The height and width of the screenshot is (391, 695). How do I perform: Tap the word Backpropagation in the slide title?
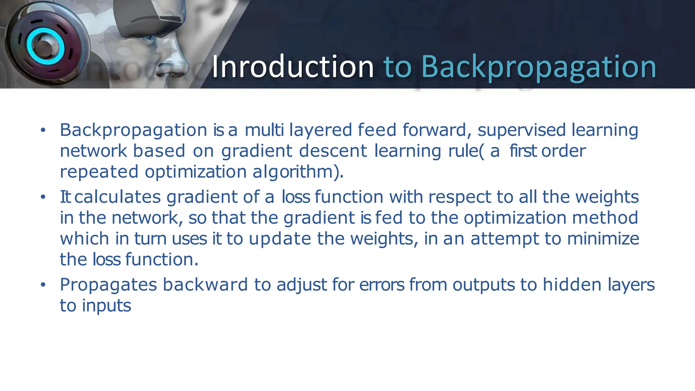point(539,67)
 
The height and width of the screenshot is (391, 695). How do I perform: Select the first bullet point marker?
point(43,130)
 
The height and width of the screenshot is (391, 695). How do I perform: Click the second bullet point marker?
point(43,197)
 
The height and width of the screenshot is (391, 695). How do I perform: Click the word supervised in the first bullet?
point(522,130)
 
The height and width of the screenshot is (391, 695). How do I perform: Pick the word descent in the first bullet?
point(333,151)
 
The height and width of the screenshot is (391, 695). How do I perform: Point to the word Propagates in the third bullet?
point(108,285)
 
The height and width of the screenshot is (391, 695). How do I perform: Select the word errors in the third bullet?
point(382,285)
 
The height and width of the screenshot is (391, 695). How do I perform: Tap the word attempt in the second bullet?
point(504,239)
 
